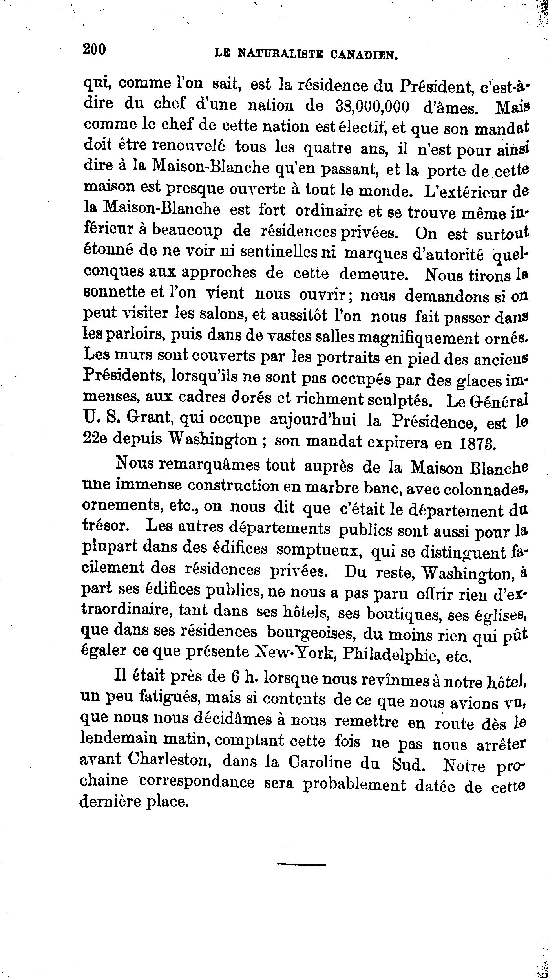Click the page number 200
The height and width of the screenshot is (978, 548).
pos(95,50)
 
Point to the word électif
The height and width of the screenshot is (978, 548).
pos(362,127)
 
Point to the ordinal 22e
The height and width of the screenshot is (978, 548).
pos(95,438)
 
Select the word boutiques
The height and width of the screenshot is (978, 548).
pos(402,613)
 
